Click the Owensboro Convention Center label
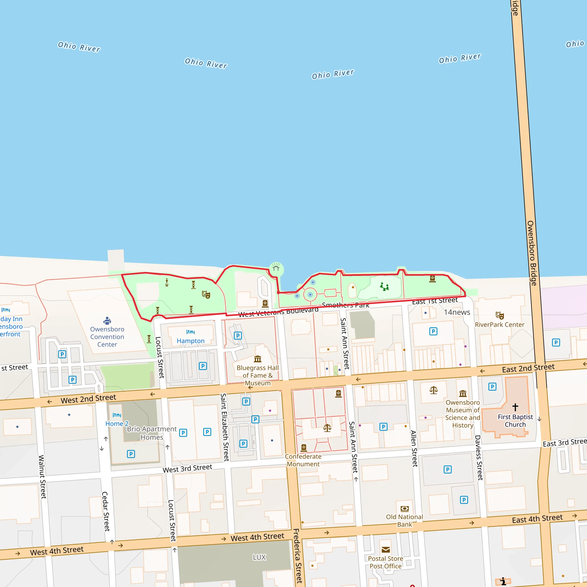pyautogui.click(x=107, y=337)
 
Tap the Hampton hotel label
pyautogui.click(x=191, y=341)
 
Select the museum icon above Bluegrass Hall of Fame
pyautogui.click(x=258, y=359)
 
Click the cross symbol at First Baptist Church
pyautogui.click(x=515, y=407)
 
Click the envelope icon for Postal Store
pyautogui.click(x=386, y=550)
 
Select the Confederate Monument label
pyautogui.click(x=303, y=460)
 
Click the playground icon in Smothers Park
pyautogui.click(x=384, y=286)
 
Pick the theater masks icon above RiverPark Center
pyautogui.click(x=500, y=315)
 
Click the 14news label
pyautogui.click(x=457, y=312)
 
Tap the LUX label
pyautogui.click(x=259, y=557)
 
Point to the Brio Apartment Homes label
pyautogui.click(x=152, y=433)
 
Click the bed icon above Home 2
pyautogui.click(x=117, y=415)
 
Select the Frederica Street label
pyautogui.click(x=298, y=556)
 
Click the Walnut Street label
pyautogui.click(x=42, y=477)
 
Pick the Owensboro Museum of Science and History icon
pyautogui.click(x=463, y=394)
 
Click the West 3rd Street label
pyautogui.click(x=187, y=468)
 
